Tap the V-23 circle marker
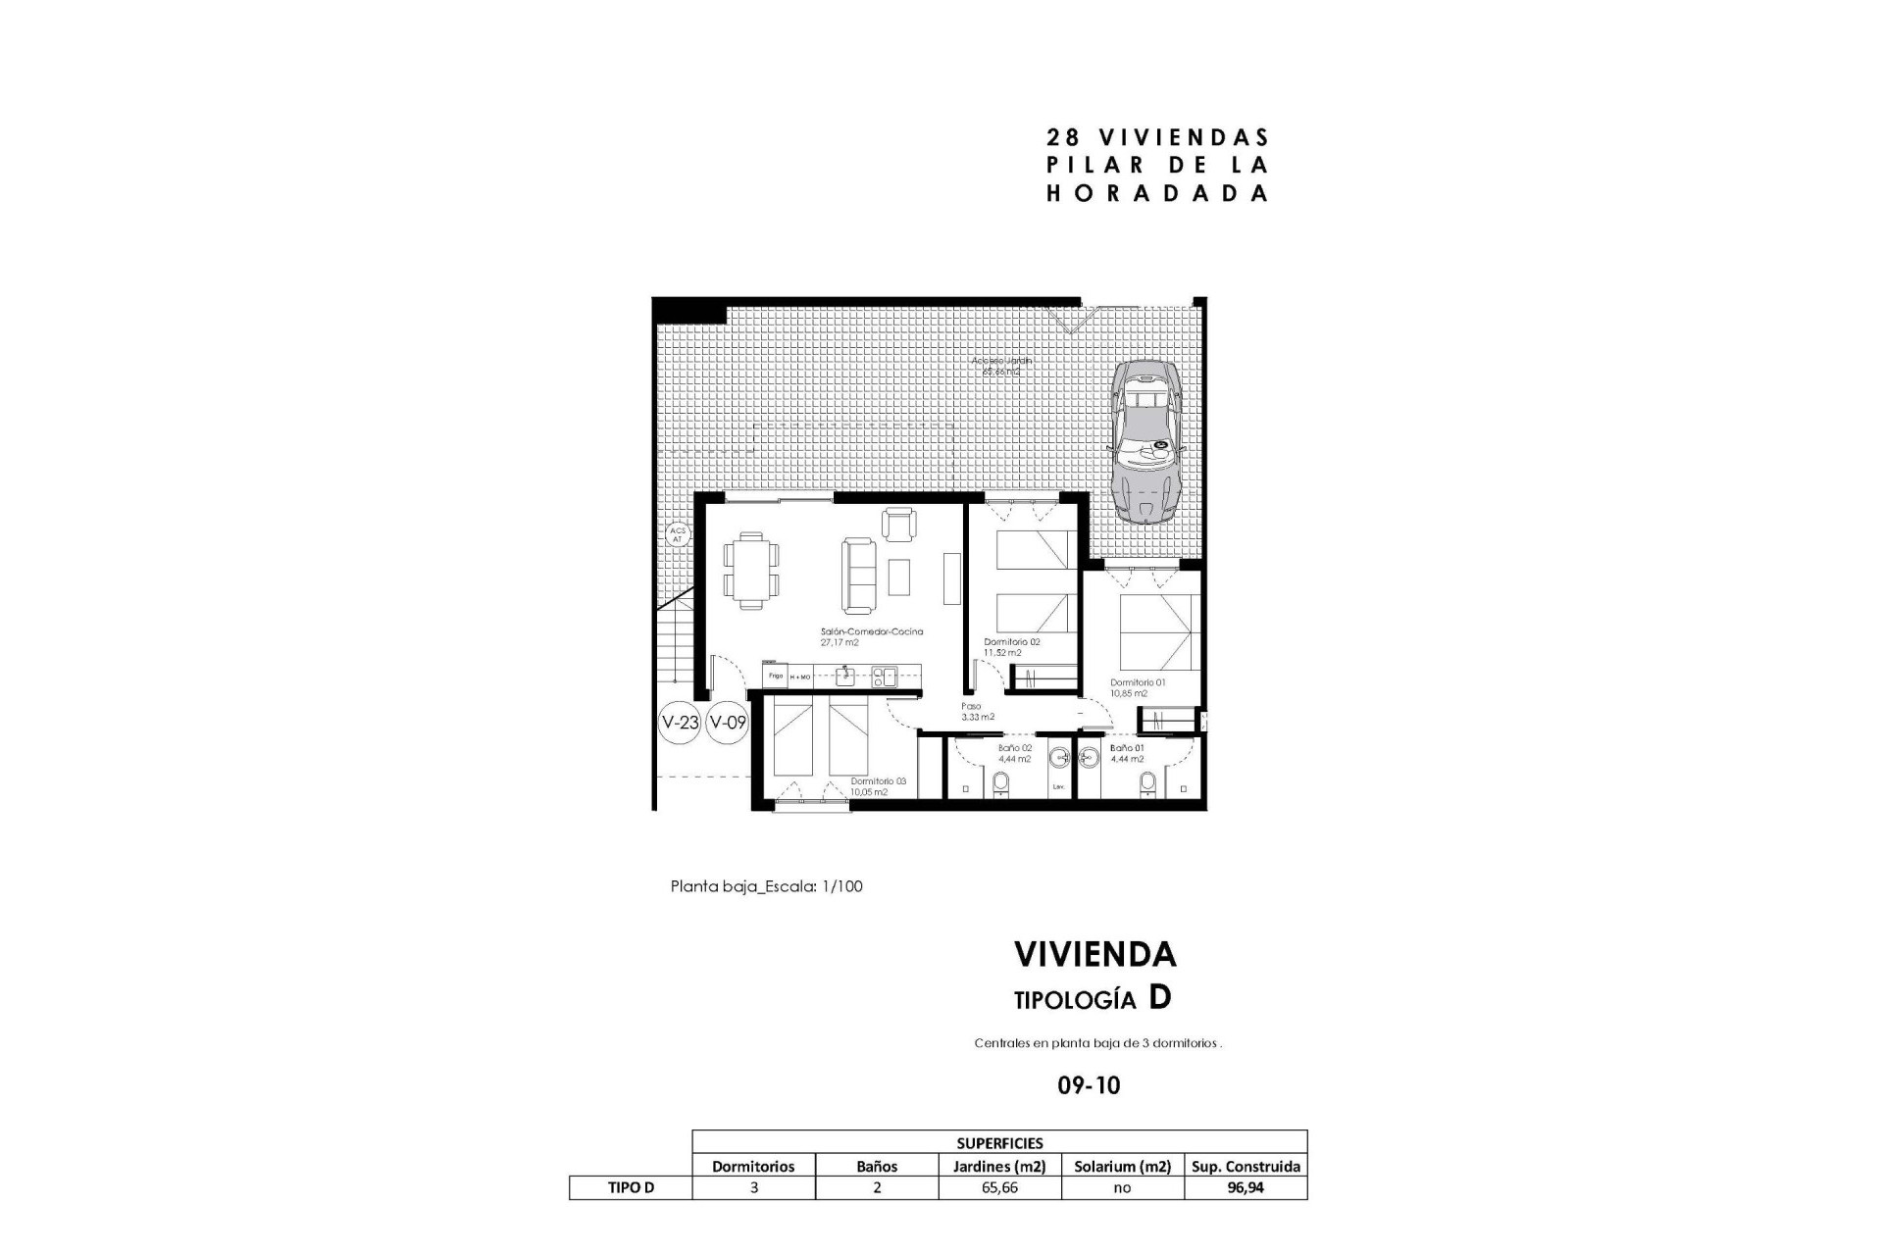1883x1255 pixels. [x=680, y=724]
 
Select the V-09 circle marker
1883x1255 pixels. [x=728, y=724]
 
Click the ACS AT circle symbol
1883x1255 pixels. [x=677, y=535]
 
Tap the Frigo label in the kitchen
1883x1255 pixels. [x=775, y=676]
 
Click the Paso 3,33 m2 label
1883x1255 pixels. [x=977, y=711]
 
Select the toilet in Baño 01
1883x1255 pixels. [x=1147, y=782]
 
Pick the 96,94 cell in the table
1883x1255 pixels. [x=1246, y=1187]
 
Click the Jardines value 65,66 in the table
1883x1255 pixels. [x=999, y=1187]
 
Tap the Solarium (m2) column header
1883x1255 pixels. [x=1122, y=1166]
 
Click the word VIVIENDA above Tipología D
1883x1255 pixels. [x=1094, y=954]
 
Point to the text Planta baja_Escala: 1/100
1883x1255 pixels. [x=766, y=886]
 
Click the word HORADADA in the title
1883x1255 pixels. [x=1157, y=193]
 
